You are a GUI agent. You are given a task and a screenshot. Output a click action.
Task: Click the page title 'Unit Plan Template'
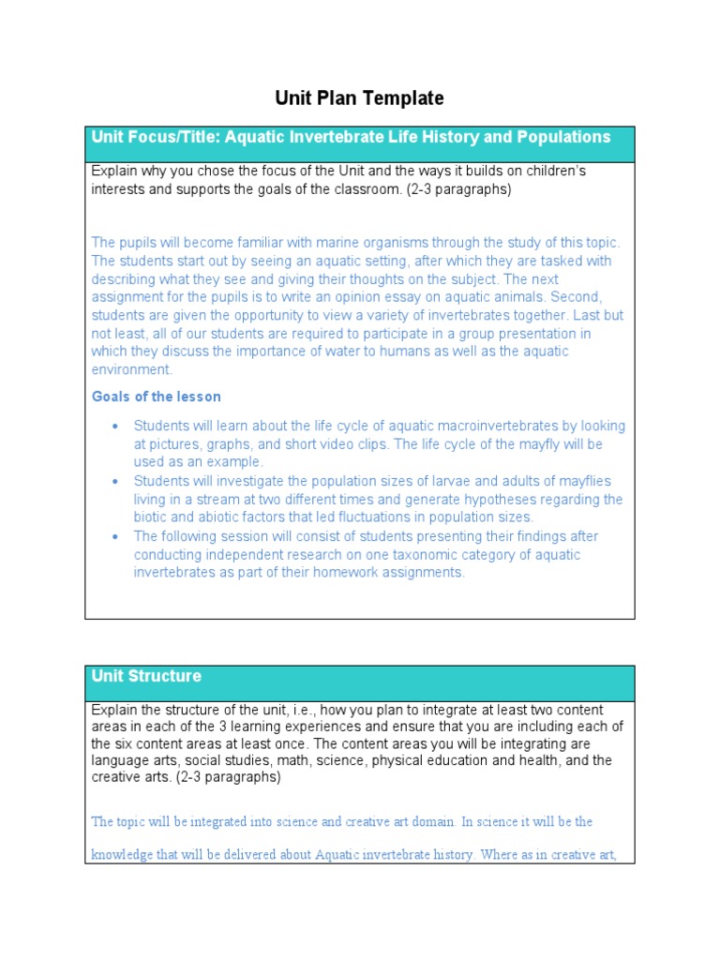(x=359, y=98)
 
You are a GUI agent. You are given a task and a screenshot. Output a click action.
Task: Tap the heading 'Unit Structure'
(x=146, y=676)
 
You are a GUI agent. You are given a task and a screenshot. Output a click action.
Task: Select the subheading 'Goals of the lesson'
(x=157, y=397)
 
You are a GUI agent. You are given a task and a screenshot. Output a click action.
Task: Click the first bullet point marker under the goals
(x=115, y=426)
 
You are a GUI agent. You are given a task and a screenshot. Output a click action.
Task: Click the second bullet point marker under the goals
(x=115, y=481)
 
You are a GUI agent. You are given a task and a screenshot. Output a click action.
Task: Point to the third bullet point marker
(x=115, y=536)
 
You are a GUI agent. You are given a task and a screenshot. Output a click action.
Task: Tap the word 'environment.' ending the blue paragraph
(x=132, y=370)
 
